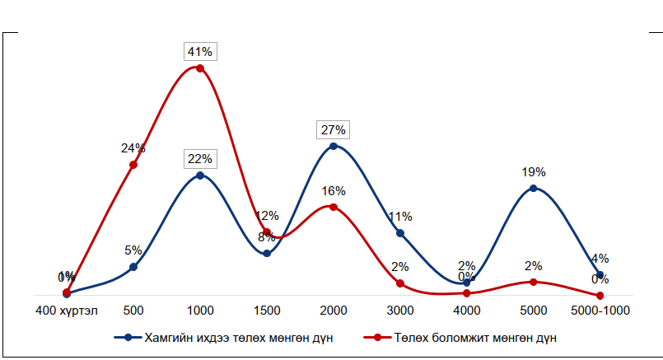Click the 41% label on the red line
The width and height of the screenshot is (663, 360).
199,52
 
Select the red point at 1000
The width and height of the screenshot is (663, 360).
199,68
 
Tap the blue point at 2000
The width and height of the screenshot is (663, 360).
333,147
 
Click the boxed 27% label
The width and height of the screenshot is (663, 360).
333,130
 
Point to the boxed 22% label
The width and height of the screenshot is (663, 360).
199,159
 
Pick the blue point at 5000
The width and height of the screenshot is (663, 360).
533,189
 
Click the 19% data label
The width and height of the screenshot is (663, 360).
533,172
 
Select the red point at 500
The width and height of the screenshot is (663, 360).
133,165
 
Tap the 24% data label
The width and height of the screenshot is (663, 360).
133,148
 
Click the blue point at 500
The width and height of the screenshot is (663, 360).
133,267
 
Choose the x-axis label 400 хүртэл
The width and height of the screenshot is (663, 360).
67,311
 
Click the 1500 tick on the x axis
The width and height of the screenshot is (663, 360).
266,311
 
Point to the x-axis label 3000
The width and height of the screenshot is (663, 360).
399,311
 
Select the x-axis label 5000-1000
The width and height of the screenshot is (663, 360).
600,311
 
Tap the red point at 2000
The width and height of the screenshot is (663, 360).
333,207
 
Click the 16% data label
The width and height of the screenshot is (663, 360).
333,191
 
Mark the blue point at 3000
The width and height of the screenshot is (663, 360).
400,233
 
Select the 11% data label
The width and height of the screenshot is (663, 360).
400,217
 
